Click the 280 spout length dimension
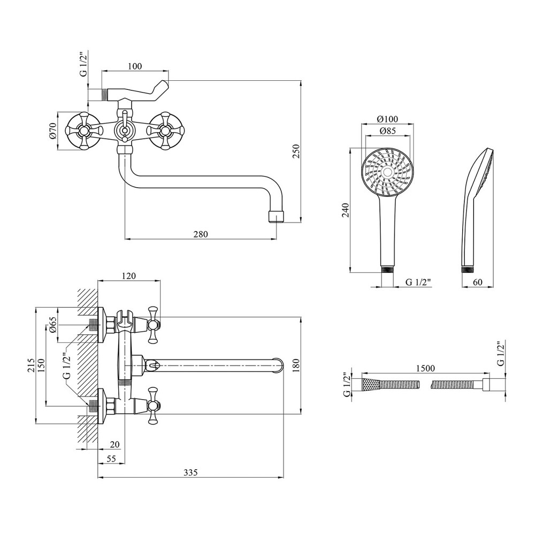point(200,234)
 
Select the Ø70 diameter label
point(52,131)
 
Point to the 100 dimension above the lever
point(135,66)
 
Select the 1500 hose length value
point(424,368)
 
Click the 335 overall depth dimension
point(190,472)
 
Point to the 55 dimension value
point(111,458)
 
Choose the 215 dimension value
point(31,365)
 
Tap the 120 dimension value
point(129,276)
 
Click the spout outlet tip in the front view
point(276,217)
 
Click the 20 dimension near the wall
point(114,445)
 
